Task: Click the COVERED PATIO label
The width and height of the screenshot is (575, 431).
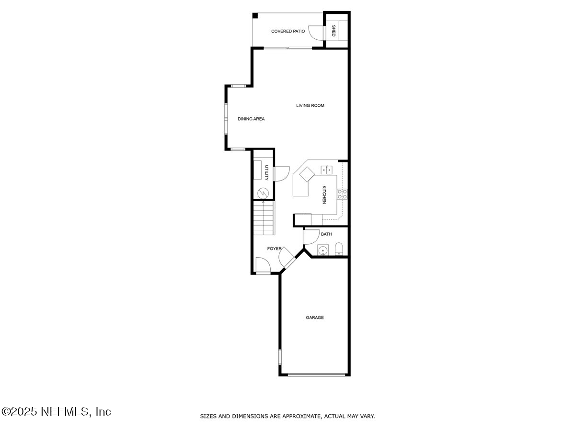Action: tap(288, 32)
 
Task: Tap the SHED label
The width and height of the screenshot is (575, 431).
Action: tap(333, 31)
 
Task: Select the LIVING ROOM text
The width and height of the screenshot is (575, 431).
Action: tap(310, 105)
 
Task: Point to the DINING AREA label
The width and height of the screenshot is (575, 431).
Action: tap(251, 119)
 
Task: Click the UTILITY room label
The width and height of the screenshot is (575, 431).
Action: tap(267, 172)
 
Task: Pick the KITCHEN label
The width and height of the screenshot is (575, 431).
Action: tap(324, 194)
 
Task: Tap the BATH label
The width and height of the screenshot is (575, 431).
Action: tap(326, 234)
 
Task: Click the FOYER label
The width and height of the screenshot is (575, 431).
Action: tap(275, 249)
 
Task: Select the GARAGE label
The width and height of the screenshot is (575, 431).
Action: tap(315, 318)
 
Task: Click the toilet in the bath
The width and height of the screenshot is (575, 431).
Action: tap(339, 249)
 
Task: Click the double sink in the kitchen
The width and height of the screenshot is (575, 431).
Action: tap(327, 169)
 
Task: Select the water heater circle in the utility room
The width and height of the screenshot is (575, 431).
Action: tap(263, 193)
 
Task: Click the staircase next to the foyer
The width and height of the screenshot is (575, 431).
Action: tap(264, 218)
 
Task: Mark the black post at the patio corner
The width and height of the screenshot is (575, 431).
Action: tap(255, 15)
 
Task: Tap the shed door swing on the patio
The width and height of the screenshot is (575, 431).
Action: tap(316, 32)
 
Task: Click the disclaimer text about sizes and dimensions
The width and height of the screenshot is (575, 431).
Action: tap(287, 416)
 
